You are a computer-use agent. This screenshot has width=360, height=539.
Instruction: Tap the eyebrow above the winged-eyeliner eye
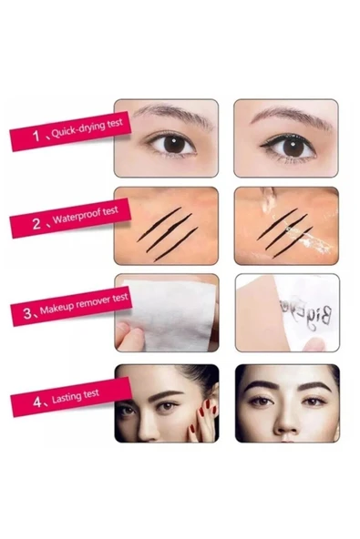point(283,117)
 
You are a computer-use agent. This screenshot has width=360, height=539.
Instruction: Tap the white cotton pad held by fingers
point(169,311)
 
